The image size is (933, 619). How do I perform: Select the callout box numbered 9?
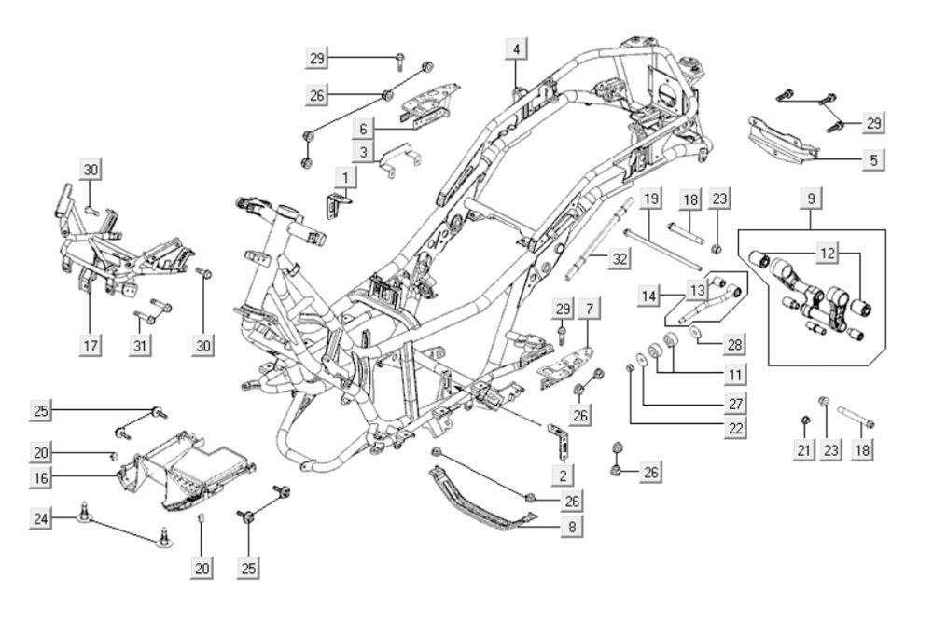811,199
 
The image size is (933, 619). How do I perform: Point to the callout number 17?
91,345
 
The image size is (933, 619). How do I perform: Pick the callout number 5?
873,159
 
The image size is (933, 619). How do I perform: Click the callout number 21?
804,449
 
